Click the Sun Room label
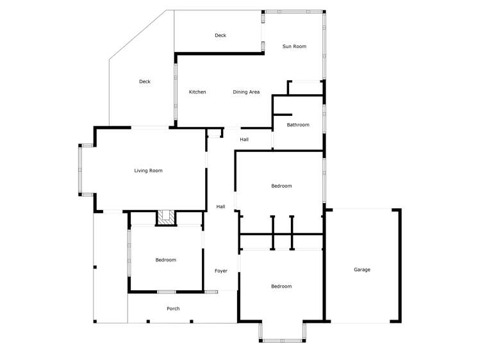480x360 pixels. (x=294, y=47)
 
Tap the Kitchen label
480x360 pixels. (x=197, y=92)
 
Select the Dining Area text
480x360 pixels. (x=246, y=92)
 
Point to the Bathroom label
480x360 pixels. (x=298, y=125)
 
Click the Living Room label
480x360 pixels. (x=148, y=171)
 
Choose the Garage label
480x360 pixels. (x=362, y=270)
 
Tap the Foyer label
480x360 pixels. (x=220, y=271)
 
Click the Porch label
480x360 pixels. (x=173, y=309)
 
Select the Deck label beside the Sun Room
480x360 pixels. (x=220, y=36)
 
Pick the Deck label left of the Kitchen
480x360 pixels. (x=145, y=82)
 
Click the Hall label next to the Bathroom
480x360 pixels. (x=244, y=140)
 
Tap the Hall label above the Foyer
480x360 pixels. (x=220, y=206)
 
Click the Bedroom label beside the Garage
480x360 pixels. (x=281, y=286)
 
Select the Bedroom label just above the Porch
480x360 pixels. (x=165, y=260)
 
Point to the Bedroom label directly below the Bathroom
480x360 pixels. (x=281, y=186)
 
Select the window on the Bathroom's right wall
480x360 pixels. (x=324, y=122)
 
